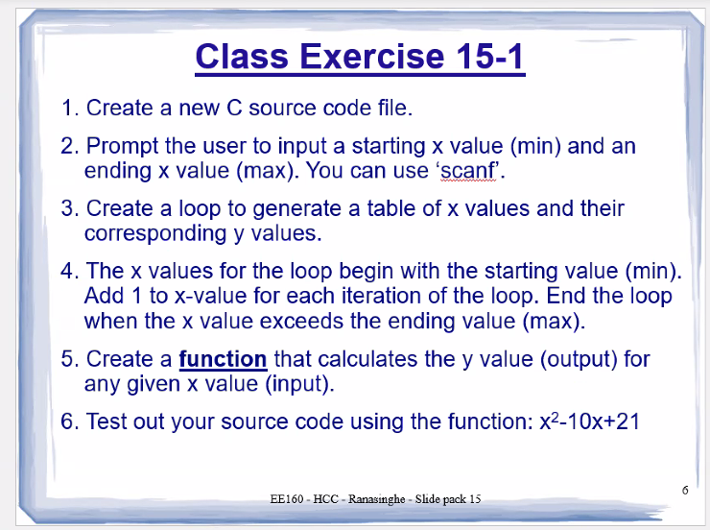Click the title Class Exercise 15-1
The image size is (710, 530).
tap(360, 57)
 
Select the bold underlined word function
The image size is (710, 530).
tap(223, 359)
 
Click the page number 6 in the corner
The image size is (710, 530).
tap(685, 489)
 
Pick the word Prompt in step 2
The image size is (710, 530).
tap(124, 147)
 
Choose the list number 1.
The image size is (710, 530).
tap(67, 108)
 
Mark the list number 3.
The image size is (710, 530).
tap(67, 208)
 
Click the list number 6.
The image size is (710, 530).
tap(67, 422)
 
